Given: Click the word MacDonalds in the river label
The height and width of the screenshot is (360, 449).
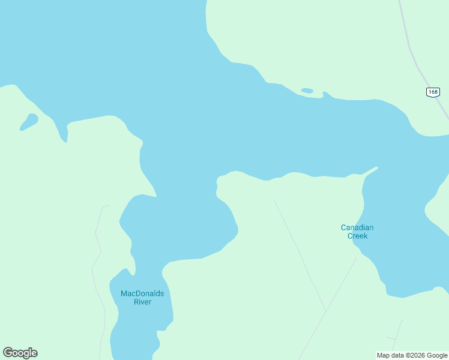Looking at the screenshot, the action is pos(142,293).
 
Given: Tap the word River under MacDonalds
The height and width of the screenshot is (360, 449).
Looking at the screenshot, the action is pos(142,302).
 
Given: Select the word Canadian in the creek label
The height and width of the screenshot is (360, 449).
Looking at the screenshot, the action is pos(357,227).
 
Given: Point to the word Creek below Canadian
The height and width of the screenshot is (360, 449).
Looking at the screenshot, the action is pos(357,236).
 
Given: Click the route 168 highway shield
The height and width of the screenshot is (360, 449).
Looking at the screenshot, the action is pos(433,92).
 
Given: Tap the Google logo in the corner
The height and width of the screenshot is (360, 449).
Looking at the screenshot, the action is pos(20,353).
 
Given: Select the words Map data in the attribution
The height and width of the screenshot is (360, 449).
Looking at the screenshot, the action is pos(390,355).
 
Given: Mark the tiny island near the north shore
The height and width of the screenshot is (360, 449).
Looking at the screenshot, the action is pos(307,91).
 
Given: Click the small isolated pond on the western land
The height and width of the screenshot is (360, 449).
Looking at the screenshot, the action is pos(29,121).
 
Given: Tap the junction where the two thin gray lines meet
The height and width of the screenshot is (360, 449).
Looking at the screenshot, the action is pos(325,311).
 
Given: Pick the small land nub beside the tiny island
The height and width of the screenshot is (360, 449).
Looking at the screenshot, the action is pos(325,94).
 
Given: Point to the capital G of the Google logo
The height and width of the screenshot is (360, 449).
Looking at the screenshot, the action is pos(8,353).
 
